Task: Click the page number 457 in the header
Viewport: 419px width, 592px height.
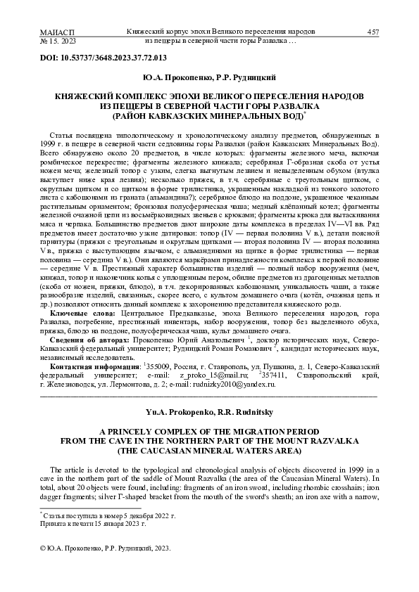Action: (373, 32)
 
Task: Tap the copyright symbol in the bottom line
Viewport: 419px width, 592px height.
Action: (42, 547)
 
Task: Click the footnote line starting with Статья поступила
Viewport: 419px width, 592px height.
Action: (110, 516)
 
